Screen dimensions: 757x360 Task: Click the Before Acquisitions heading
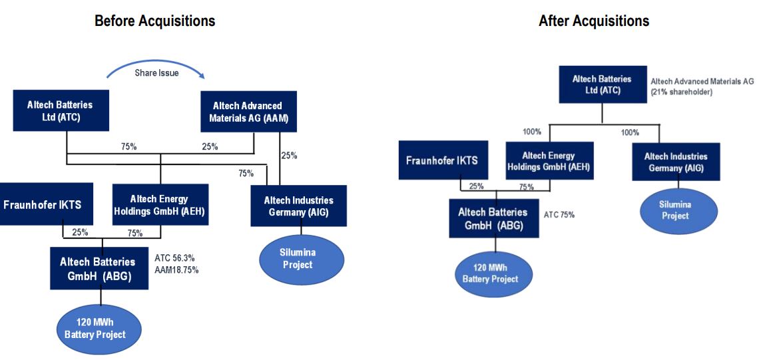pos(154,21)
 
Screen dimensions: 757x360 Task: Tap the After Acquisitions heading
pos(594,21)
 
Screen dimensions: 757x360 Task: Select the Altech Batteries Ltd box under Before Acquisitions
pos(61,111)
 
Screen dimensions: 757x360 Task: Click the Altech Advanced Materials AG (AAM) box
pos(248,112)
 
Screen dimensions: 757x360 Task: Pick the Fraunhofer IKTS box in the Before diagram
pos(47,204)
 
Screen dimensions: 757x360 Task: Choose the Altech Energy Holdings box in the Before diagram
pos(160,204)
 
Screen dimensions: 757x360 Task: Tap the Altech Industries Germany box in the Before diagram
pos(298,206)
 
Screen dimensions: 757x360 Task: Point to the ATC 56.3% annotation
pos(174,259)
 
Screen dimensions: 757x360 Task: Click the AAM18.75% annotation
pos(176,270)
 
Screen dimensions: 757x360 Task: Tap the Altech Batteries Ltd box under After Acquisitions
pos(602,84)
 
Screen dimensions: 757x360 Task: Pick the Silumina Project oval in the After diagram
pos(679,210)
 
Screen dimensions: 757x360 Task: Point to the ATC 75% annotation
pos(559,215)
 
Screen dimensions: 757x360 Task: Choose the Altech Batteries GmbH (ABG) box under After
pos(494,218)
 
